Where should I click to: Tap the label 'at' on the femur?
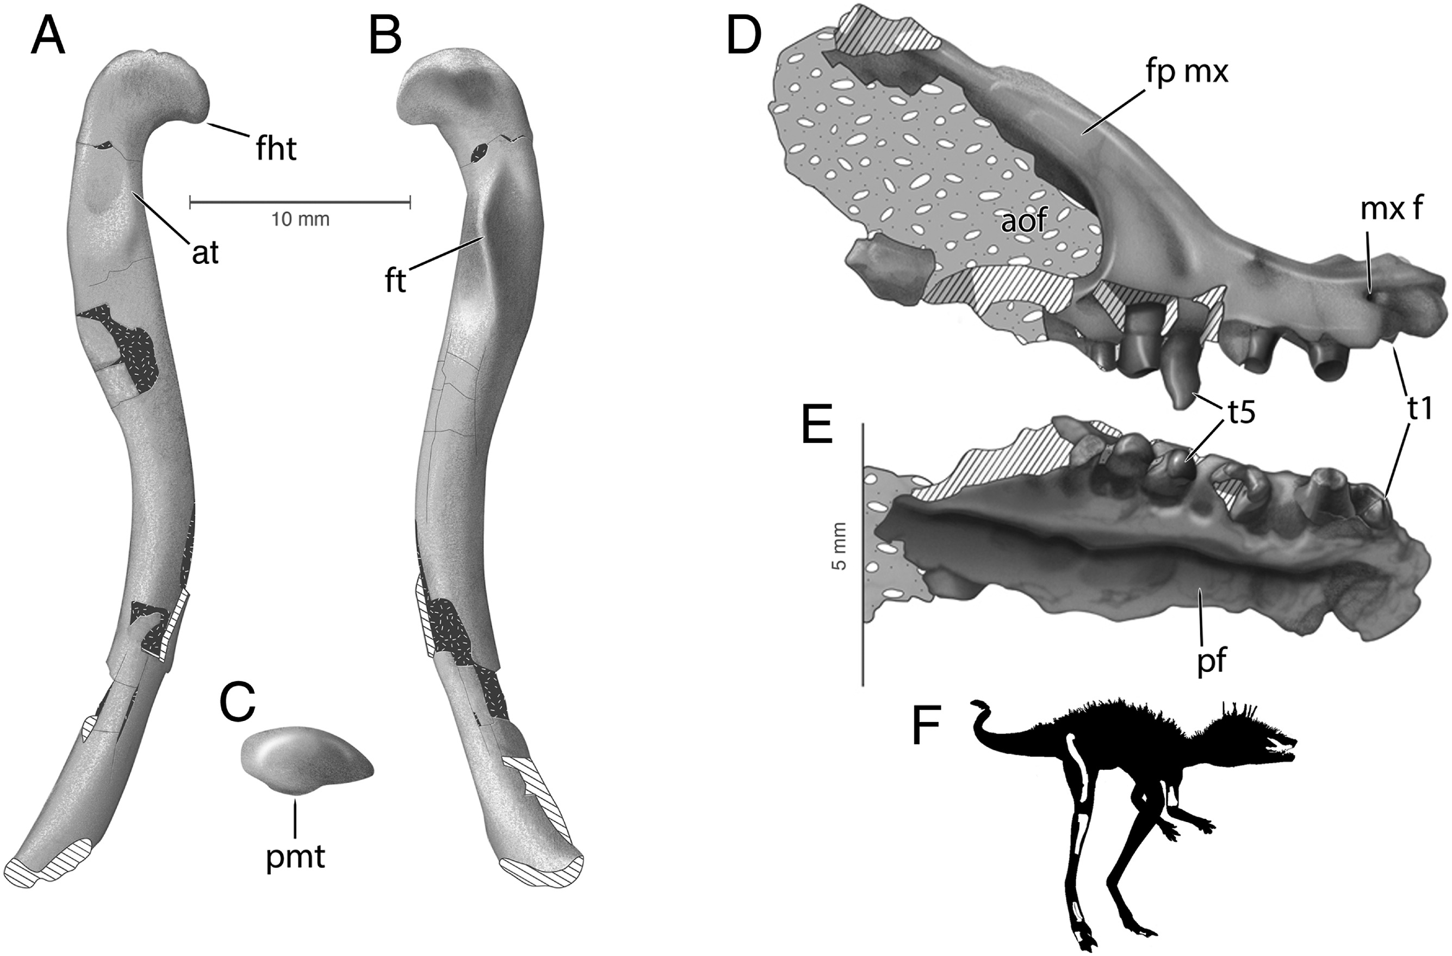pos(205,252)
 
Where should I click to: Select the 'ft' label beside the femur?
pos(395,281)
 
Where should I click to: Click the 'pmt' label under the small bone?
pos(295,856)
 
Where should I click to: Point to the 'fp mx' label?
pos(1186,72)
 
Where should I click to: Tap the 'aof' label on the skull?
pos(1025,221)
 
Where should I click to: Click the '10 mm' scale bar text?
pos(300,219)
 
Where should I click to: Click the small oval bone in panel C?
pos(304,760)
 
